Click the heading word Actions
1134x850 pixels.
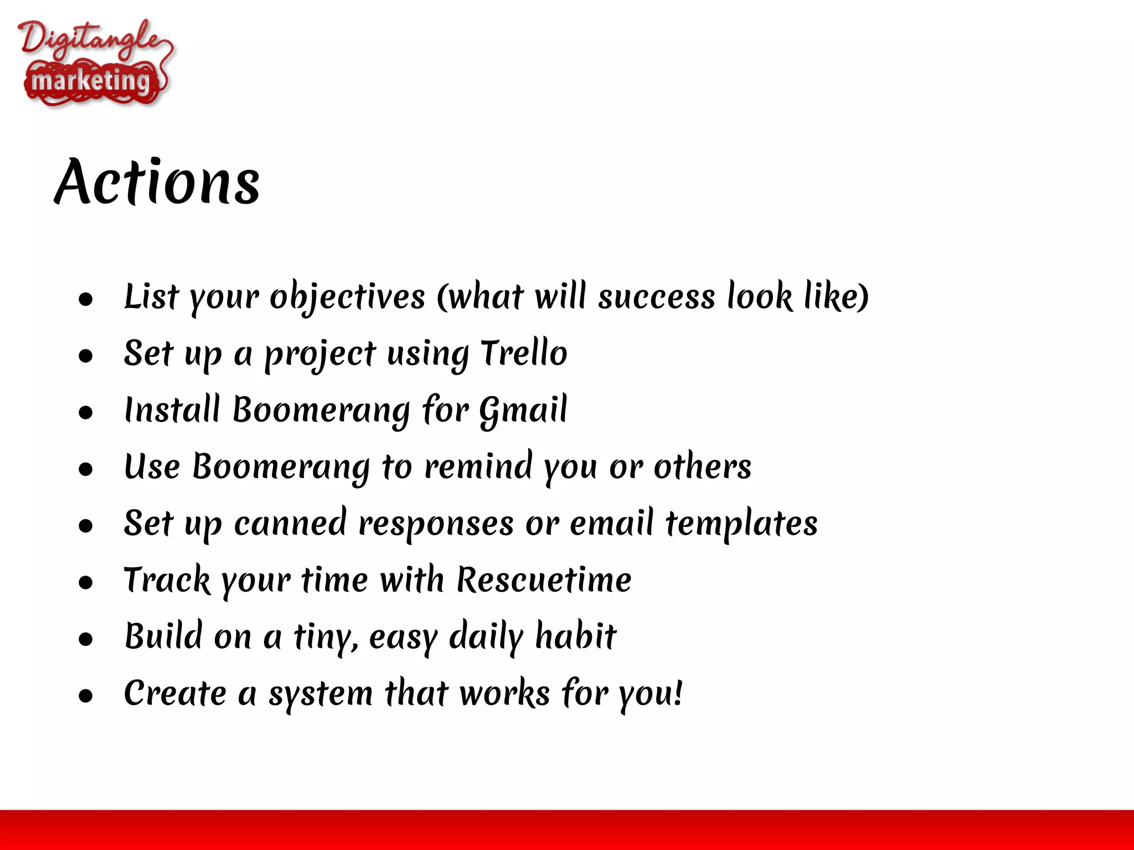point(158,183)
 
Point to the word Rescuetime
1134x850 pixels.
point(544,580)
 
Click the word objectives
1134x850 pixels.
point(347,297)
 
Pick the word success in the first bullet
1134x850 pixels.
point(657,297)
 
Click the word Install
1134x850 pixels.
point(172,410)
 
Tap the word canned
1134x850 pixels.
point(290,524)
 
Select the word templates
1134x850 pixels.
point(741,524)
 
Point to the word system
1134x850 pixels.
point(321,694)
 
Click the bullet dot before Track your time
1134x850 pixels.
point(85,582)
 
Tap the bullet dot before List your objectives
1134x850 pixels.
point(85,299)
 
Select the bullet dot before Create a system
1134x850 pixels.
point(85,696)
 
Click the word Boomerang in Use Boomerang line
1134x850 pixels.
point(281,467)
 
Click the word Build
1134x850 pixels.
point(163,636)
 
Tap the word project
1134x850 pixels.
point(320,354)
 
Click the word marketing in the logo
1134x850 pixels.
point(91,82)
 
